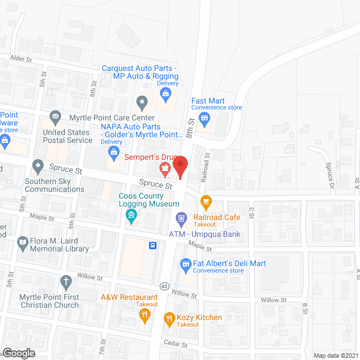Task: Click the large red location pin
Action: (x=180, y=167)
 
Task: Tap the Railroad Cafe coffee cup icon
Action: (x=206, y=201)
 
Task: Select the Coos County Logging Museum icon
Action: (x=131, y=215)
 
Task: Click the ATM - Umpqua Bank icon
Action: (x=182, y=218)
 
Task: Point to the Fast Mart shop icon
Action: (x=205, y=118)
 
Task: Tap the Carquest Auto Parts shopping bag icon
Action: (x=165, y=94)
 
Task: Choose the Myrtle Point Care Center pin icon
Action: (x=142, y=102)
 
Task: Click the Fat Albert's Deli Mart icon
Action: (x=185, y=264)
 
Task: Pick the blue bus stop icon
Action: (x=152, y=245)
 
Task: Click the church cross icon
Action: (x=66, y=281)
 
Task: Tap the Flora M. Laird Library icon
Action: (x=23, y=243)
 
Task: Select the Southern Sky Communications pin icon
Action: (x=38, y=166)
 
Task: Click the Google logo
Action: (x=18, y=353)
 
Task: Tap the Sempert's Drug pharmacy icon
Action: (x=165, y=167)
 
